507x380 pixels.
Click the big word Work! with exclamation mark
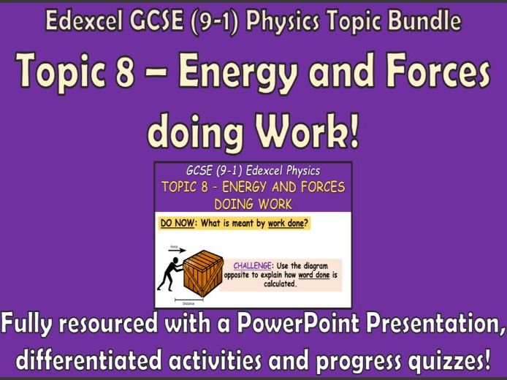(303, 132)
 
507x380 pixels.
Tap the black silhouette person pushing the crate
(170, 273)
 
